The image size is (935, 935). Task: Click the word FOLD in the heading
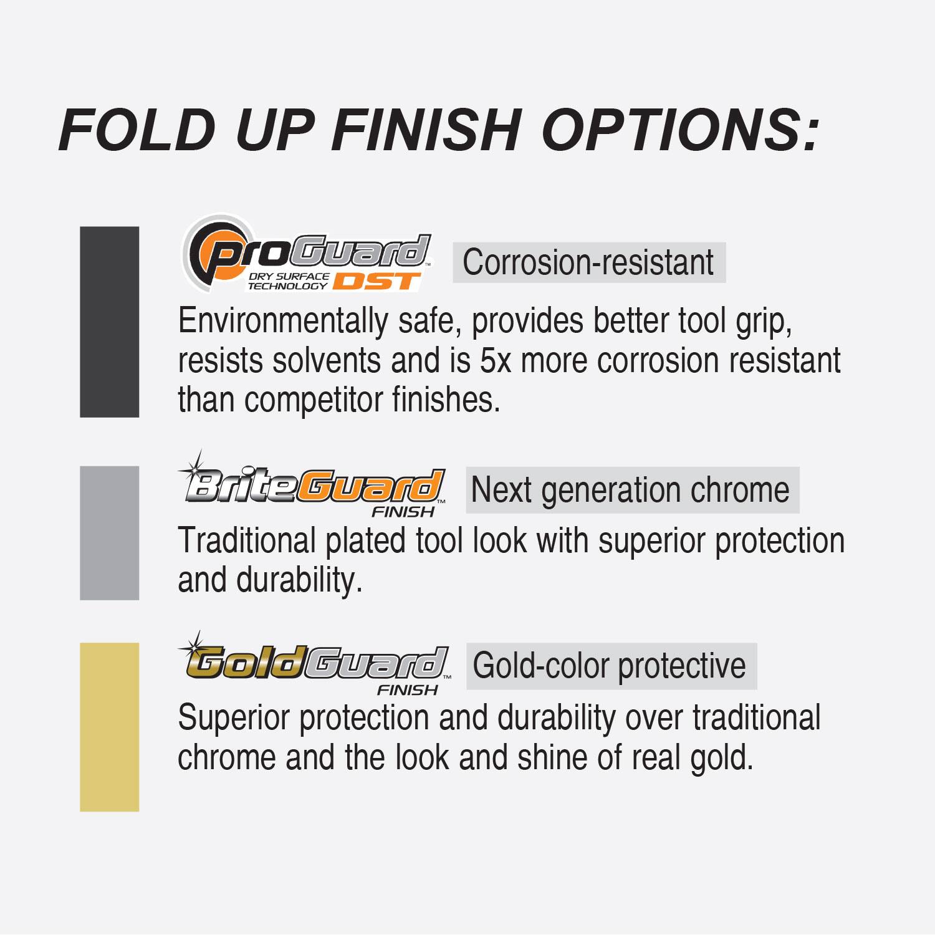(137, 130)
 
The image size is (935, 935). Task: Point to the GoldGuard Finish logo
(315, 665)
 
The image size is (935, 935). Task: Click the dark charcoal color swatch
(109, 322)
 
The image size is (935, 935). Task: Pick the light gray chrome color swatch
(109, 533)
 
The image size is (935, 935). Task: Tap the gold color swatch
(109, 727)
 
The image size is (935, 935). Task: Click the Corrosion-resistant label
(588, 262)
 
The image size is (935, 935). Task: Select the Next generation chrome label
(631, 490)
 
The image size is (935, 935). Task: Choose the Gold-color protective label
(610, 666)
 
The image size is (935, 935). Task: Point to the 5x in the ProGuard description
(496, 360)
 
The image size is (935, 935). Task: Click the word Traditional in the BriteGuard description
(247, 540)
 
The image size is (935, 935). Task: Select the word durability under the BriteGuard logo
(299, 580)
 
